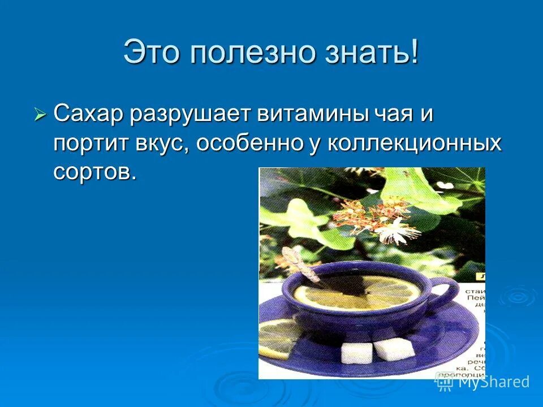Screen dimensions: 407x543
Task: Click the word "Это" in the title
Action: (x=152, y=53)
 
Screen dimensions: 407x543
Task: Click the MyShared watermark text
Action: (x=493, y=382)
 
